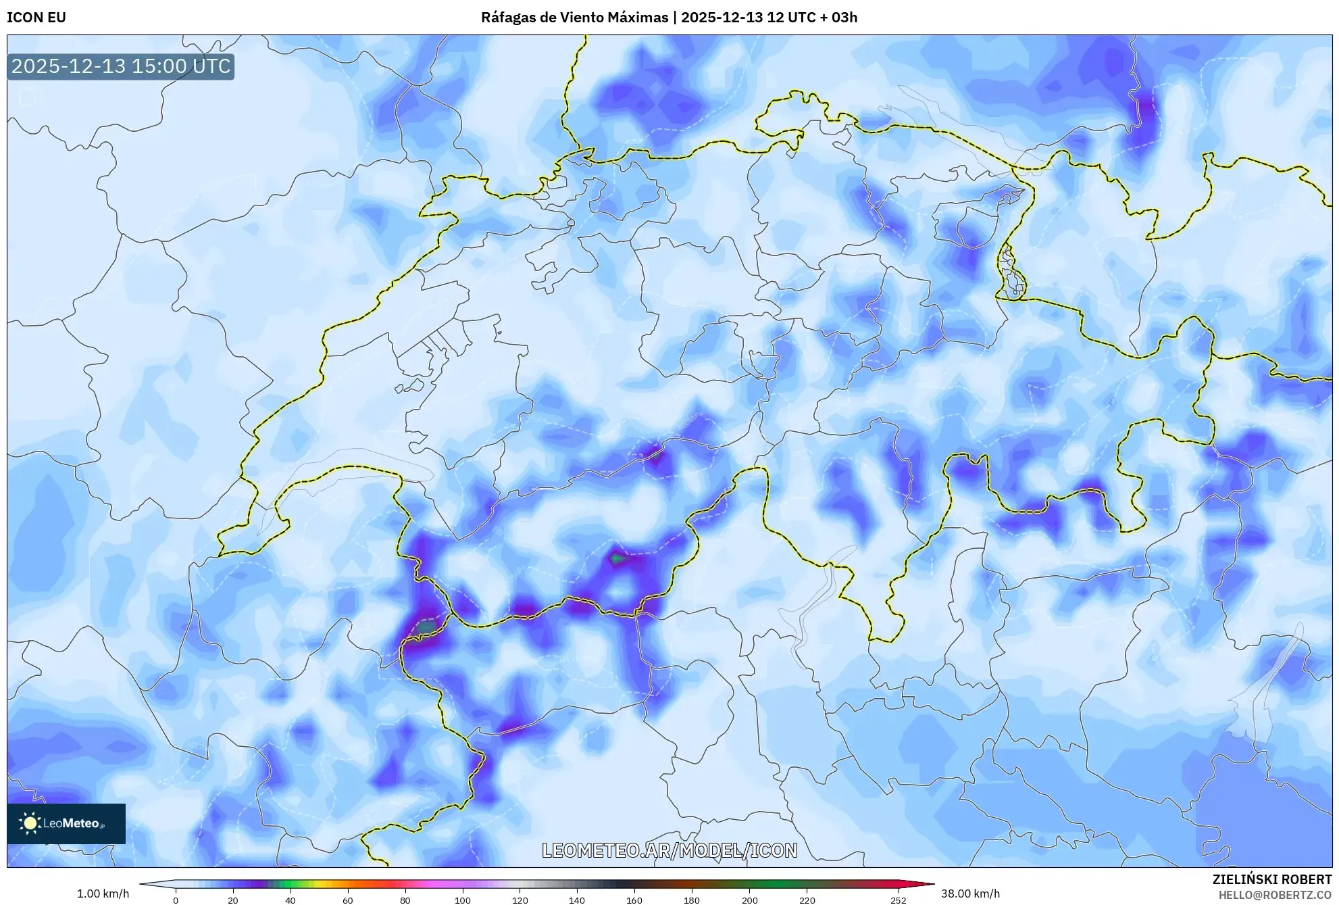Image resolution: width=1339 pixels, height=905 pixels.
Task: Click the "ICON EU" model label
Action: coord(36,18)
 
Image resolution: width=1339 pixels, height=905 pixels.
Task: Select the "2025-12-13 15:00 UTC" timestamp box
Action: coord(121,66)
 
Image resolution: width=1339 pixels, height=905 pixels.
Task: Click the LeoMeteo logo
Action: coord(66,823)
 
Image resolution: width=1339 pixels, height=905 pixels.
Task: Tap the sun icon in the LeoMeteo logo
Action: coord(30,823)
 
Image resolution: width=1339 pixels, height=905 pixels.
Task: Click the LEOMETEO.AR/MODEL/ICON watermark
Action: coord(669,850)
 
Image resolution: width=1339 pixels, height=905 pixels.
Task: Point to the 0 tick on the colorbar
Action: coord(176,900)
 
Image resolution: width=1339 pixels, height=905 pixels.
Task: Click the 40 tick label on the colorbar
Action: coord(290,900)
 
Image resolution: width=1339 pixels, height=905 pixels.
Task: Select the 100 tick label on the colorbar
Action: coord(463,900)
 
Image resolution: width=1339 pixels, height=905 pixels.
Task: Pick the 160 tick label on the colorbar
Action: coord(634,900)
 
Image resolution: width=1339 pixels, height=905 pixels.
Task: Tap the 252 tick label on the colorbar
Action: coord(898,900)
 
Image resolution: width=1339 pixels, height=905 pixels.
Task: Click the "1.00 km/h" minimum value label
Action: coord(103,894)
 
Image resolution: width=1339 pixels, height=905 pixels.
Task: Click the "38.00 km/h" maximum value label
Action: coord(970,894)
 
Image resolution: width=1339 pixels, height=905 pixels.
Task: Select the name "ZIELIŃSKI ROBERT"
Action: coord(1272,879)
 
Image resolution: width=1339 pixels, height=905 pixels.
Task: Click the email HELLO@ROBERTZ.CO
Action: coord(1275,895)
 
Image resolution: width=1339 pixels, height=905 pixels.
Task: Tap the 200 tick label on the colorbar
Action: coord(749,900)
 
